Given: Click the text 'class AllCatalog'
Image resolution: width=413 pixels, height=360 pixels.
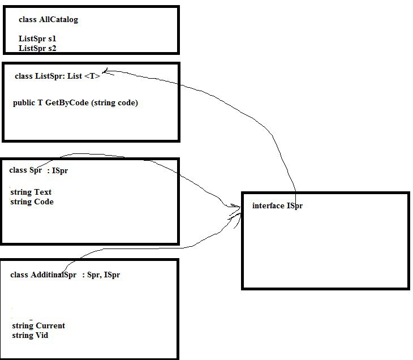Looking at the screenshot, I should (x=48, y=20).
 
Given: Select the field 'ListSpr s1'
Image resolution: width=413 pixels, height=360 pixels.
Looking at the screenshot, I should (x=37, y=39).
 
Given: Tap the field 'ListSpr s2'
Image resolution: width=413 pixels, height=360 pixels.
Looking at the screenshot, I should (x=37, y=49).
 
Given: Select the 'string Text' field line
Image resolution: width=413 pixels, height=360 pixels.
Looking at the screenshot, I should (x=31, y=192).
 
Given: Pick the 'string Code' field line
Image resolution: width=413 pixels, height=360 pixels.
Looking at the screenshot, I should (x=32, y=202).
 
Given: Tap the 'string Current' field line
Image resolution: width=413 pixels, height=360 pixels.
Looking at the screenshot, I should (x=38, y=326).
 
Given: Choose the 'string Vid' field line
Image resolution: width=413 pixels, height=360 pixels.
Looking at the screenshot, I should (x=30, y=336).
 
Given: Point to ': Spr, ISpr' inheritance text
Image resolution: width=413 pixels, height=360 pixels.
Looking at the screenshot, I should (x=101, y=275).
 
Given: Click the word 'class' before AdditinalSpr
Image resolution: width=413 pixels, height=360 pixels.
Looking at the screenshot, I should (x=19, y=275).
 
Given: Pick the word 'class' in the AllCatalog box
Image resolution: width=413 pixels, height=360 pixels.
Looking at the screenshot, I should (x=28, y=20).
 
